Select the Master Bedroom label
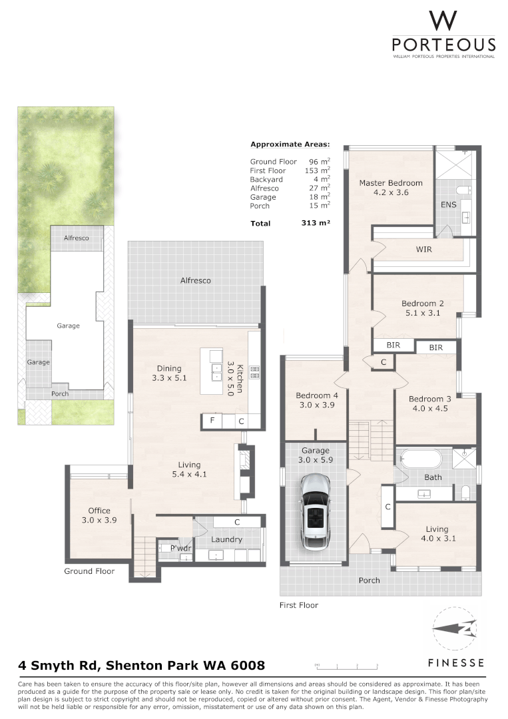[x=391, y=183]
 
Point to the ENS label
[x=449, y=204]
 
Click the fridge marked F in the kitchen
[x=212, y=421]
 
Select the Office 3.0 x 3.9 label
[x=99, y=515]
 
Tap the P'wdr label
[x=180, y=549]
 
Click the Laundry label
[x=226, y=539]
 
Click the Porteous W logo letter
[x=443, y=21]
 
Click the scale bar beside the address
[x=346, y=665]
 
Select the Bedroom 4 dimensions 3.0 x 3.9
[x=316, y=405]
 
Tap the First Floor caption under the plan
[x=298, y=605]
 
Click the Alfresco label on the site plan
[x=76, y=238]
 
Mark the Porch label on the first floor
[x=370, y=581]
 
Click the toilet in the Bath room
[x=465, y=493]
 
